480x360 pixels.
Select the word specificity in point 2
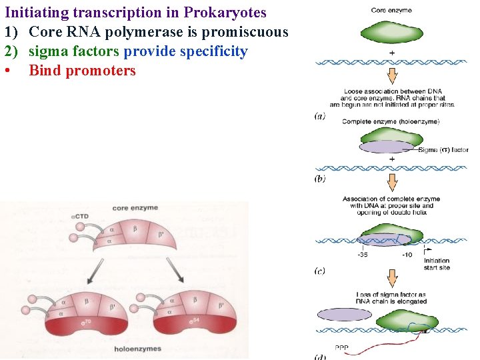tap(209, 51)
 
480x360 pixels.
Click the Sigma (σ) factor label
tap(443, 150)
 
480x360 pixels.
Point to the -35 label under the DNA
tap(362, 255)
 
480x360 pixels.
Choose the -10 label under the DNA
tap(407, 255)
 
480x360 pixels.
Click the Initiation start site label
tap(437, 264)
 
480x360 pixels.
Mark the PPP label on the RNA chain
tap(341, 348)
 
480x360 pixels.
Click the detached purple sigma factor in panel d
tap(345, 315)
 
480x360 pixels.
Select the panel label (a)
tap(320, 115)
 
